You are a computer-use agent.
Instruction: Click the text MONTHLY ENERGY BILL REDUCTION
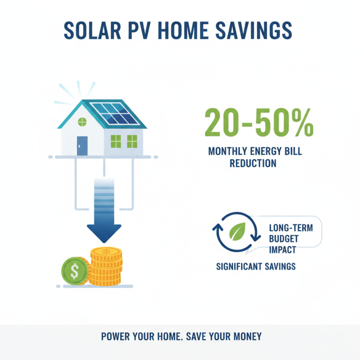[255, 157]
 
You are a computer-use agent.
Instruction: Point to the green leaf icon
[237, 231]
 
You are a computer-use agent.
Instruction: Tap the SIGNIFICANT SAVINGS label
[256, 266]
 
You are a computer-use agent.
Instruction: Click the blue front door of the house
[82, 145]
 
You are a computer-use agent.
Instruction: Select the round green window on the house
[82, 121]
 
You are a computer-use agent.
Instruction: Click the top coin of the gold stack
[106, 252]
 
